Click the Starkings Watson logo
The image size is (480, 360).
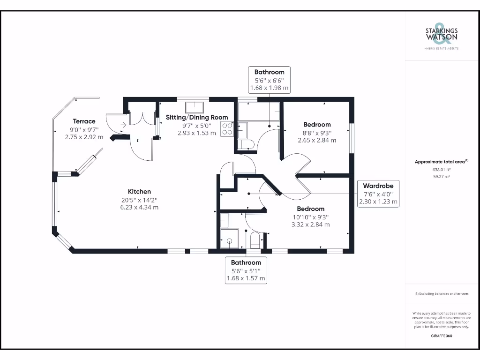pos(442,36)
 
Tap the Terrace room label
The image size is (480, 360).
pos(84,121)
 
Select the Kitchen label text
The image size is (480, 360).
pos(140,191)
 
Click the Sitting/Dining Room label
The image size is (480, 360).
pos(197,117)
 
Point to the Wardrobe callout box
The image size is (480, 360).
pos(378,194)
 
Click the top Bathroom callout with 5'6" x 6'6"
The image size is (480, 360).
pos(269,80)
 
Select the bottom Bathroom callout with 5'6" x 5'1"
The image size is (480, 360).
pos(246,270)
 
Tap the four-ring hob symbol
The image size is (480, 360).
pos(227,129)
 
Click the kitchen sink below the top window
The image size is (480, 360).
pos(193,106)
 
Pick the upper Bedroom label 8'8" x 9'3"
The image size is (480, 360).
pos(317,124)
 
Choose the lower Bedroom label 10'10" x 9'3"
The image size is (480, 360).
pos(310,209)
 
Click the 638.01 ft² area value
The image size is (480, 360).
pos(441,170)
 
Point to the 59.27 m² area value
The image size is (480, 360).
pos(441,177)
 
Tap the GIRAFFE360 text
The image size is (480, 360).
pos(441,336)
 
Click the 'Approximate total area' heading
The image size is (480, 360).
pos(441,162)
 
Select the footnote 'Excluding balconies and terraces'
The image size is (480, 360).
pos(441,293)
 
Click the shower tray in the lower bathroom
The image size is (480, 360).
pos(230,240)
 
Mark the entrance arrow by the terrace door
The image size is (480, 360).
pos(123,125)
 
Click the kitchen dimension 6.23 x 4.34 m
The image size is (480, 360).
pos(140,207)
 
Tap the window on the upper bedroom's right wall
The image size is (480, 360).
pos(352,138)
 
